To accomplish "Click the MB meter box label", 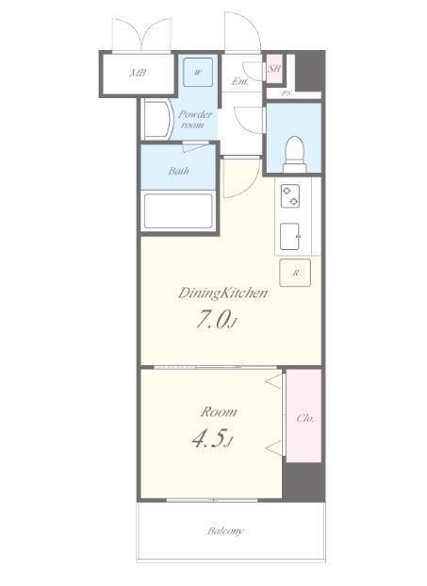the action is coord(138,73).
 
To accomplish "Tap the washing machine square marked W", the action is coord(198,72).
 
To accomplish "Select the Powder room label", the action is coord(195,119).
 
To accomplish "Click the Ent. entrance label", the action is coord(239,81).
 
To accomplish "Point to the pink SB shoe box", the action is coord(274,68).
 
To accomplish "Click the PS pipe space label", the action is coord(286,93).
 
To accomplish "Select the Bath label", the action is coord(178,171).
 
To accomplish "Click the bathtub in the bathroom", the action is coord(178,210).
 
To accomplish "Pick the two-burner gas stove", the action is coord(290,196).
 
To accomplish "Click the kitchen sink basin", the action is coord(290,237).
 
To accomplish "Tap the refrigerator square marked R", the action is coord(295,273).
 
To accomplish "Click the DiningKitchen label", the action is coord(222,293).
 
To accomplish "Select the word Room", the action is coord(219,411).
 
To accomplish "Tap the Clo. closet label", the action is coord(305,418).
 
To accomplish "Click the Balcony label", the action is coord(225,530).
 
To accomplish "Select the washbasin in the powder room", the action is coord(156,120).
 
